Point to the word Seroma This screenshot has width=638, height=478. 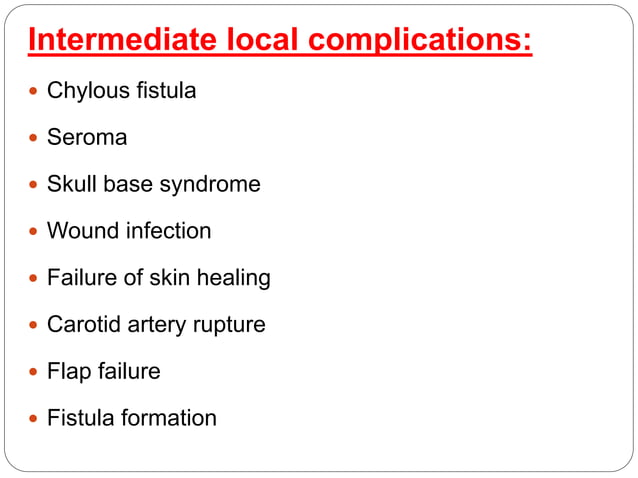point(87,137)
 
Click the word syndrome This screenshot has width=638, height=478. point(213,185)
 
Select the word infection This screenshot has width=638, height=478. point(168,231)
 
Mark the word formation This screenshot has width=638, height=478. point(168,418)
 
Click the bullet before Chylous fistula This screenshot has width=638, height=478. point(35,91)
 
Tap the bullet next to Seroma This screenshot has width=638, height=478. point(35,138)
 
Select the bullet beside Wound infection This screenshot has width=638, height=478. point(35,231)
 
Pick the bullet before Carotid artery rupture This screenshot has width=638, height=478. point(35,325)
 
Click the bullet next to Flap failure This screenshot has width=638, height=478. point(35,371)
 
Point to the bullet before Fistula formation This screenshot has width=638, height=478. point(35,418)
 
